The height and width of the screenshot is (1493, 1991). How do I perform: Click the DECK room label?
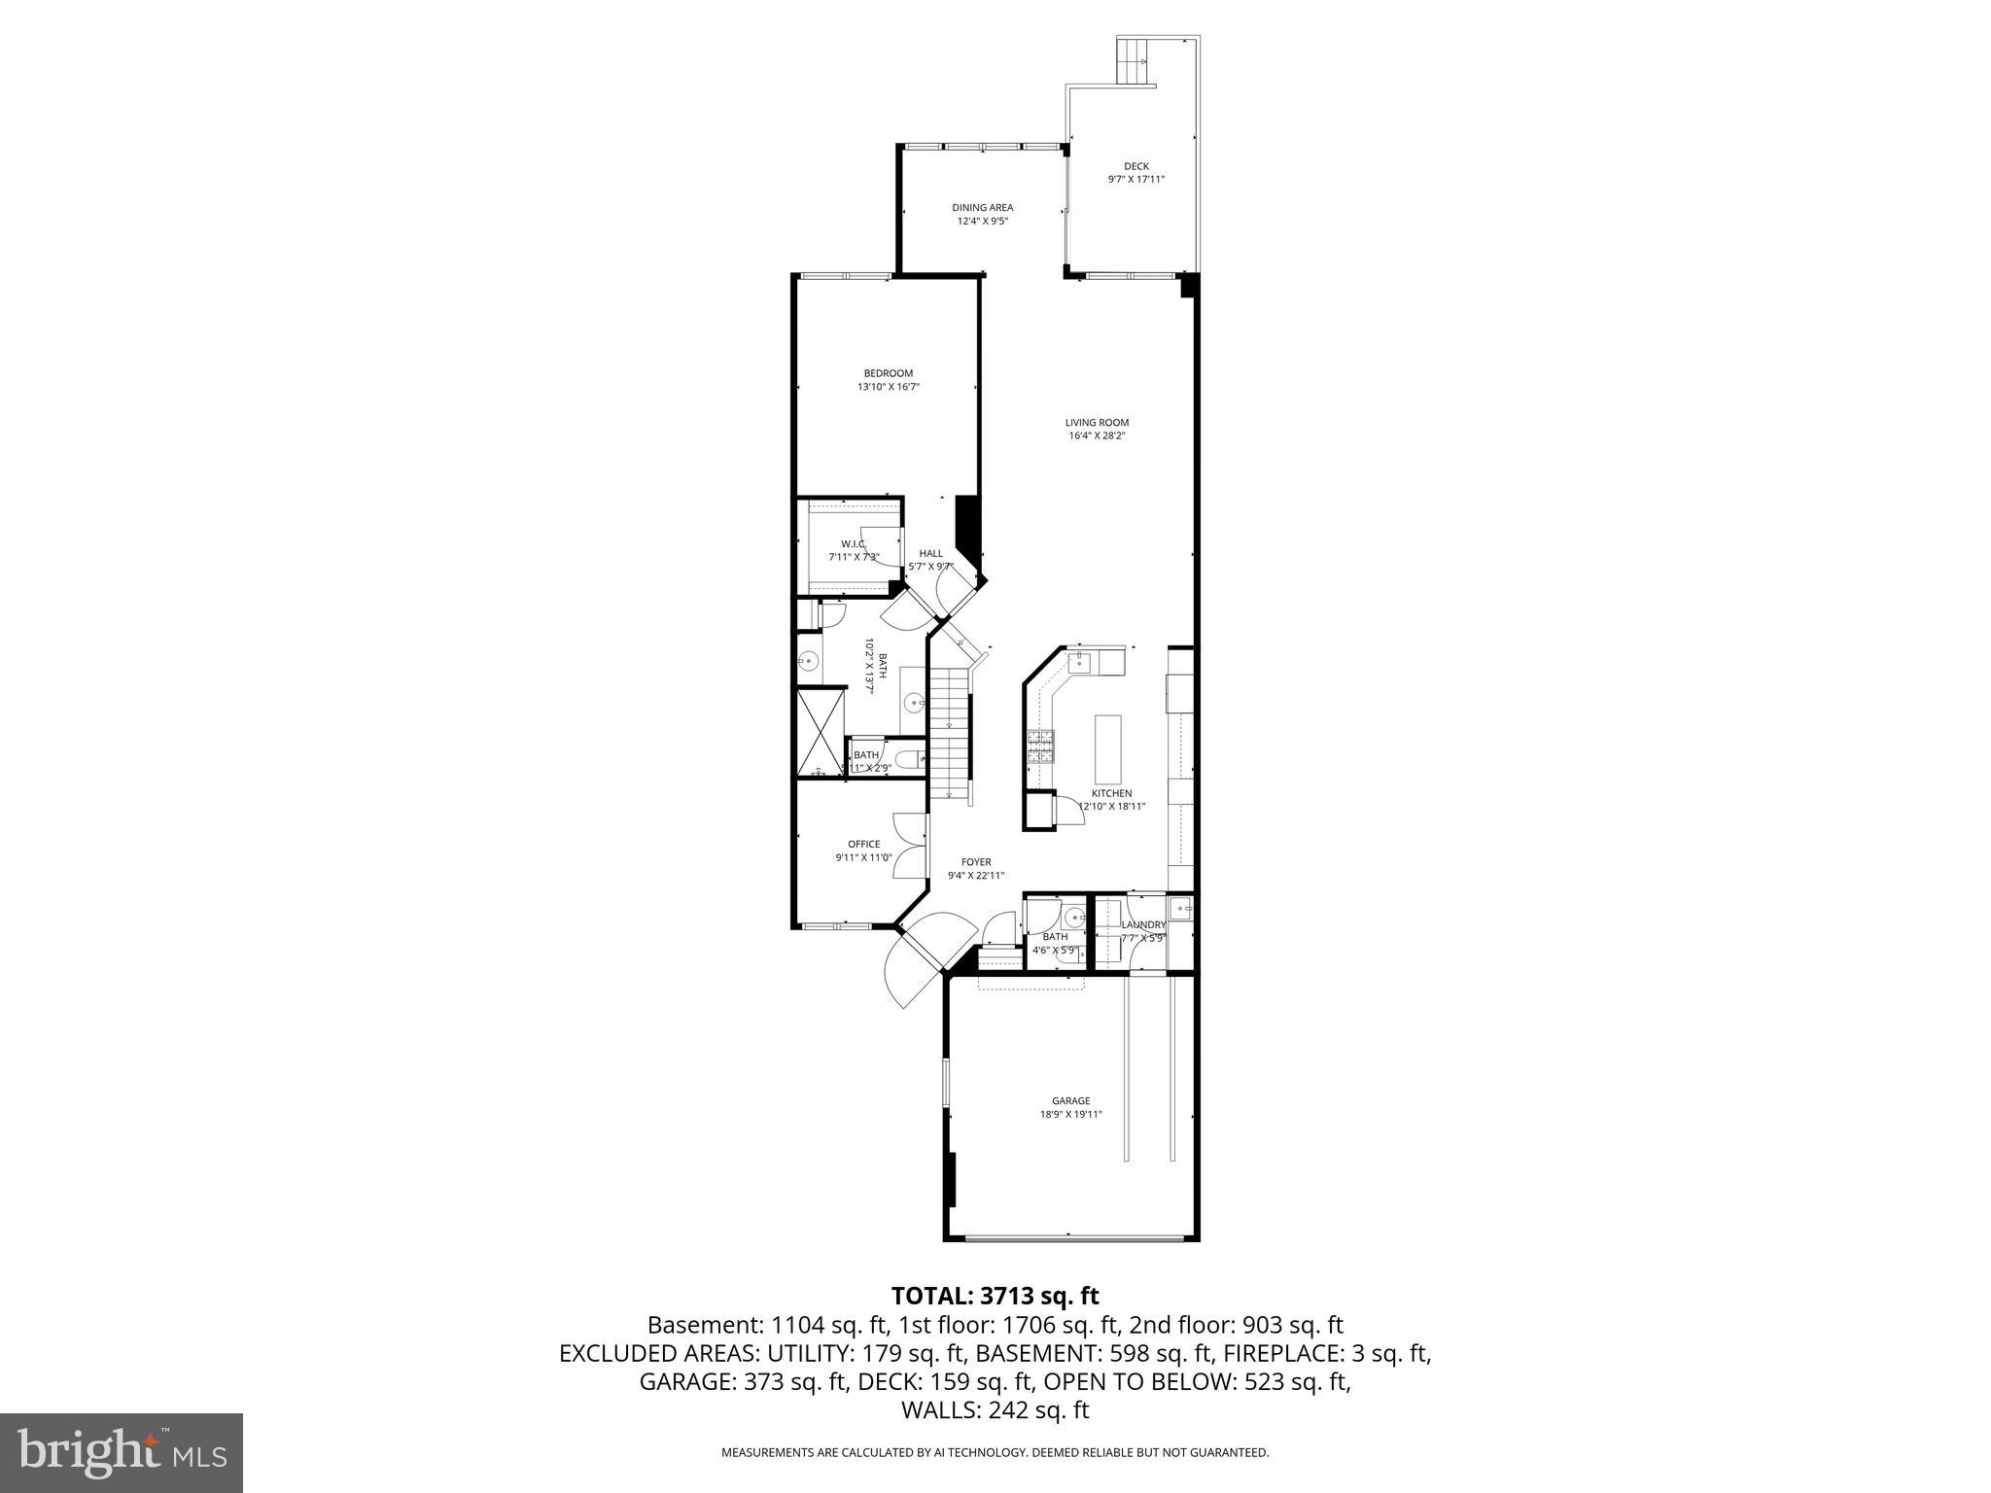(1135, 166)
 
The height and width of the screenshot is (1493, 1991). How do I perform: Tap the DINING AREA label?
(982, 207)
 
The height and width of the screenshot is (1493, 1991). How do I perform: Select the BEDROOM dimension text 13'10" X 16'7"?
(888, 387)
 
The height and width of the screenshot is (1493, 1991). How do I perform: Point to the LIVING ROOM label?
(1097, 423)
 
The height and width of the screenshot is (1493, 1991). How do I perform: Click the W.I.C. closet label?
(854, 544)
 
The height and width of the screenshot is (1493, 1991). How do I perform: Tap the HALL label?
(930, 554)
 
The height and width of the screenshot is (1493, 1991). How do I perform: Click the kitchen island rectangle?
(1107, 749)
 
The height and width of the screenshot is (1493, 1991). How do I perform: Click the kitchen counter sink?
(1080, 663)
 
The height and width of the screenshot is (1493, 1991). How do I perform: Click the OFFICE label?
(863, 845)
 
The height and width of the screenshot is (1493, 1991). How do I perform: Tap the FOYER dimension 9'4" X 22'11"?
(975, 876)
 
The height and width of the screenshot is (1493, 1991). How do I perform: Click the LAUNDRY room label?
(1142, 925)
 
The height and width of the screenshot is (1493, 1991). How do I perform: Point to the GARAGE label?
(1070, 1101)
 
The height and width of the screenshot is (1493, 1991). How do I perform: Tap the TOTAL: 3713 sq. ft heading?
(995, 1296)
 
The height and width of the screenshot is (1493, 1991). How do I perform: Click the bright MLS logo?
(121, 1453)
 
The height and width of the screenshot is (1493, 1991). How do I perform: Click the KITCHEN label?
(1111, 793)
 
